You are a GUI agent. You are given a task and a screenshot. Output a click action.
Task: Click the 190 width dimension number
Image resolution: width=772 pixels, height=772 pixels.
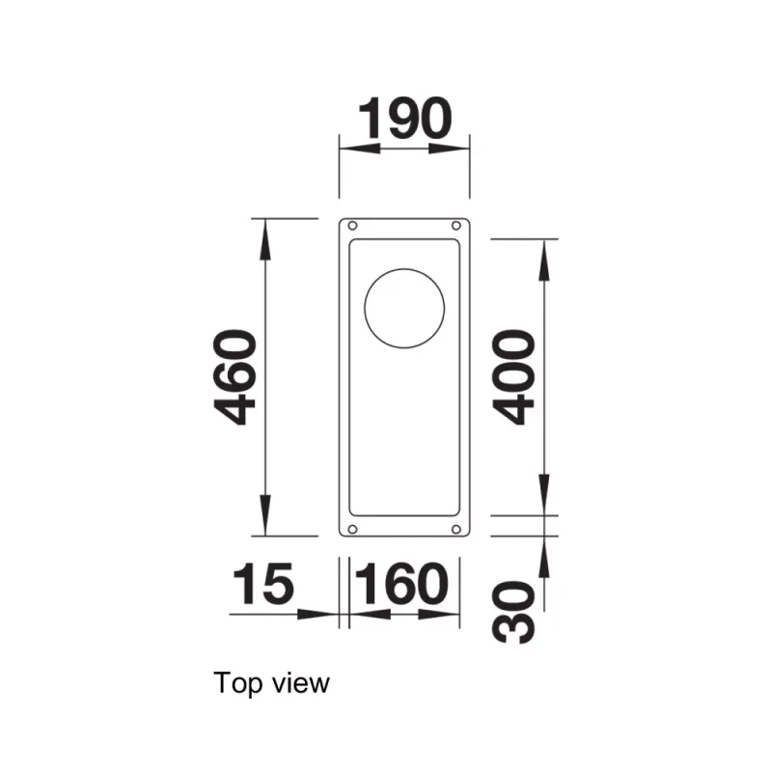pos(404,119)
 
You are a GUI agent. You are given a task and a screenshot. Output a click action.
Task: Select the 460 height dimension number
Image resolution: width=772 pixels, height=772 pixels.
pos(234,377)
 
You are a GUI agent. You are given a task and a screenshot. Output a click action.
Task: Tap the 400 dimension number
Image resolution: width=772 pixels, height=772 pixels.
pos(513,376)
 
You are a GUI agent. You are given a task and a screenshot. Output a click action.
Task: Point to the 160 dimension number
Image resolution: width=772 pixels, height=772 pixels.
pos(401,584)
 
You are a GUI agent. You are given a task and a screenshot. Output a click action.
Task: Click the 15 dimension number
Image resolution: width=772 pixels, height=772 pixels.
pos(262,584)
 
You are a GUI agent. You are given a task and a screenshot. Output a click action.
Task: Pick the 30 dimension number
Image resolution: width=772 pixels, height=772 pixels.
pos(513,613)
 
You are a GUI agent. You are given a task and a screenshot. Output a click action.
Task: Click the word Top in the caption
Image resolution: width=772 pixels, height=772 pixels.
pos(238,684)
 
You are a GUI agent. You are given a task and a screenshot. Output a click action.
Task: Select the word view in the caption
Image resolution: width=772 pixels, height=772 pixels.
pos(300,683)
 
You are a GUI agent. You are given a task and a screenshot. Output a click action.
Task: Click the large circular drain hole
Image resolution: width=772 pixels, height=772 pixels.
pos(404,309)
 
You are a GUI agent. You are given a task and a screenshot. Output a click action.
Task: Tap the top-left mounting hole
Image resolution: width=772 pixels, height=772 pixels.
pos(352,226)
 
